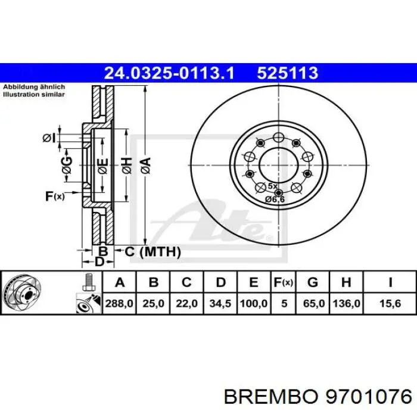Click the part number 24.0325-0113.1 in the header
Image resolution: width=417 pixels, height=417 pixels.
click(x=170, y=73)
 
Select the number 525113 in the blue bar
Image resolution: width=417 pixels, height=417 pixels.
click(x=288, y=73)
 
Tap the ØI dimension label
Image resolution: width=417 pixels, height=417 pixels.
click(x=49, y=139)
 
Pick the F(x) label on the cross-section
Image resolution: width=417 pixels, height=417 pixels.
click(x=54, y=196)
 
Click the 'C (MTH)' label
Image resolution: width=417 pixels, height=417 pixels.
click(x=152, y=252)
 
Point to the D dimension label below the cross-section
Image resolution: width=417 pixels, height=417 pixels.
click(x=100, y=262)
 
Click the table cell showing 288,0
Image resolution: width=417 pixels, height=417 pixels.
click(x=120, y=303)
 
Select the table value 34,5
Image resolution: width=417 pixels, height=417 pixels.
click(x=220, y=303)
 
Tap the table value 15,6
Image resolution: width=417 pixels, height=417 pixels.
click(x=390, y=303)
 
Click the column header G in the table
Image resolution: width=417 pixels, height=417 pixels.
click(x=314, y=282)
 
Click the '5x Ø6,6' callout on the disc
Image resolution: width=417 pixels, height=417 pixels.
click(x=275, y=193)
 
